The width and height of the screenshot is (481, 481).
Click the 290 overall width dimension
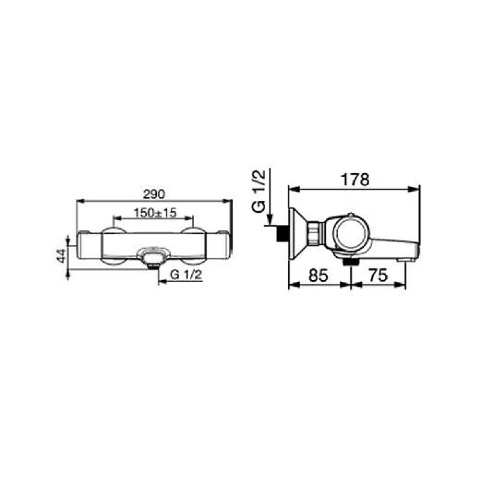153,194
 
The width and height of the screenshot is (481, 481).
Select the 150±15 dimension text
153,212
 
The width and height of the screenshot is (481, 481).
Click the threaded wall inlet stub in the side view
280,233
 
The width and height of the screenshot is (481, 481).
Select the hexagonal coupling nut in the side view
315,233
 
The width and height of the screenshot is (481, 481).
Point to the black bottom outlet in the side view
349,262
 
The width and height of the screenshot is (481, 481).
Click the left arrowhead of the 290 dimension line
79,201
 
